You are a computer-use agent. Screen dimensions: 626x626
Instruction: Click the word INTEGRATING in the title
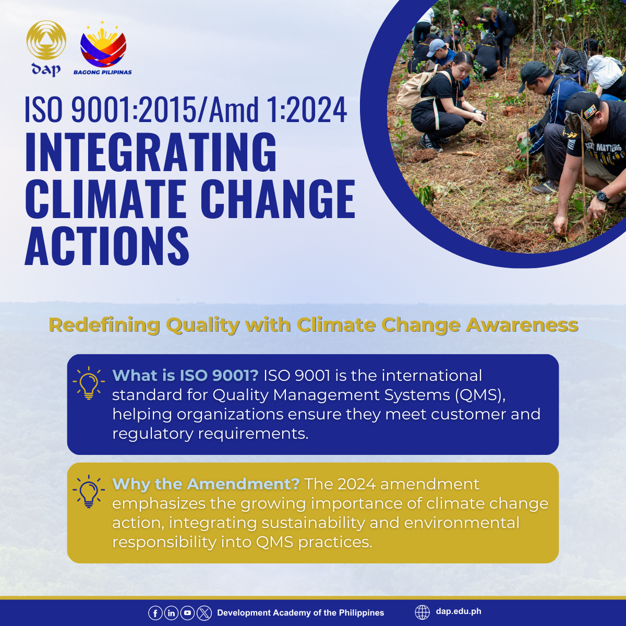[151, 152]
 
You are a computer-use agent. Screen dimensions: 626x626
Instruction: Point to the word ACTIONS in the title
[107, 246]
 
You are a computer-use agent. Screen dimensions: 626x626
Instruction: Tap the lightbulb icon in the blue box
[88, 383]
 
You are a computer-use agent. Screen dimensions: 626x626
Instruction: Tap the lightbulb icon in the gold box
[88, 491]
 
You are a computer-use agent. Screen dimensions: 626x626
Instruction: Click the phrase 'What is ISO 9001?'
[185, 376]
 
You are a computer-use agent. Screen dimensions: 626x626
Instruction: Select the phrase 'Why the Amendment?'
[206, 484]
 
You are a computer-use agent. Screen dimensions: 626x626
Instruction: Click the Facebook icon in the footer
[155, 613]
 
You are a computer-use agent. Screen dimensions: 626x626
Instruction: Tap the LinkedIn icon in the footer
[171, 613]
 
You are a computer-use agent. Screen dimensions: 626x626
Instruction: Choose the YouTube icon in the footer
[187, 613]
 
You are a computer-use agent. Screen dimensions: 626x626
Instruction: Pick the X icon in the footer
[204, 613]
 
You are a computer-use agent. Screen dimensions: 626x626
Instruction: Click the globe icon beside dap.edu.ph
[422, 612]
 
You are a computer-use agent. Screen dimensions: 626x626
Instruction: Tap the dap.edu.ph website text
[459, 612]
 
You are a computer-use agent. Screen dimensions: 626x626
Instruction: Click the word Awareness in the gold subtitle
[522, 325]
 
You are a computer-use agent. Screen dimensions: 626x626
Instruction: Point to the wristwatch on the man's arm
[602, 197]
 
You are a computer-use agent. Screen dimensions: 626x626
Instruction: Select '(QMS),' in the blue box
[480, 395]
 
